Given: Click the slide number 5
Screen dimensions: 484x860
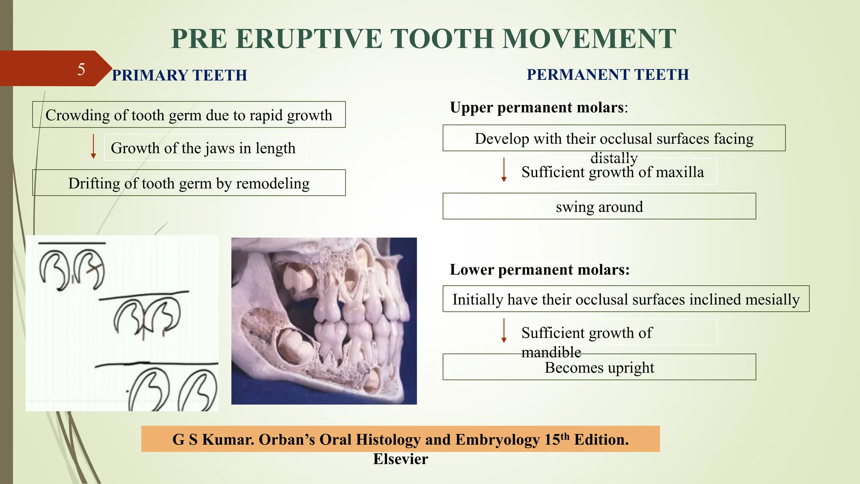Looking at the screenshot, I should [x=81, y=69].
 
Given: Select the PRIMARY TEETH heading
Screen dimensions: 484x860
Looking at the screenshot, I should [x=179, y=76].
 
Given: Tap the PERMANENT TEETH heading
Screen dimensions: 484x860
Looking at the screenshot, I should [x=608, y=75].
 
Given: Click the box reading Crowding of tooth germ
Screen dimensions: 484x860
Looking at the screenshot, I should [x=189, y=115].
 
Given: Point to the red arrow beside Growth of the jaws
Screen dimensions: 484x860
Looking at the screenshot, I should [x=93, y=147].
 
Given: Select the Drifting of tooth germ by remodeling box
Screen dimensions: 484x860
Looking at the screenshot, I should [x=189, y=183].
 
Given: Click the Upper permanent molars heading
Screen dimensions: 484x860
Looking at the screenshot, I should [x=538, y=108].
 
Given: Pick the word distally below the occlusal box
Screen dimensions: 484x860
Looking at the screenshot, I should [x=614, y=158].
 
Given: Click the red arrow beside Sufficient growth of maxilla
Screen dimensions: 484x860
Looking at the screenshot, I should [x=504, y=170].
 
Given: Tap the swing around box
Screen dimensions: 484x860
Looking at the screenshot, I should [x=599, y=207].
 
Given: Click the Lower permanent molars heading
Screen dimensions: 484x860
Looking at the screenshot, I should [x=540, y=270].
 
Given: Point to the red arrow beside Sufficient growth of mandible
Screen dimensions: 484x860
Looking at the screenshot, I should [x=504, y=331].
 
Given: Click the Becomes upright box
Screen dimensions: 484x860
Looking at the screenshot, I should [x=599, y=368].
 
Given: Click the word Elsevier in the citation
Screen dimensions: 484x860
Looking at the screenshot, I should [x=401, y=459].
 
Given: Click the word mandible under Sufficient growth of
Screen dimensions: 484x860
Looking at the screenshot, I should [x=551, y=352].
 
